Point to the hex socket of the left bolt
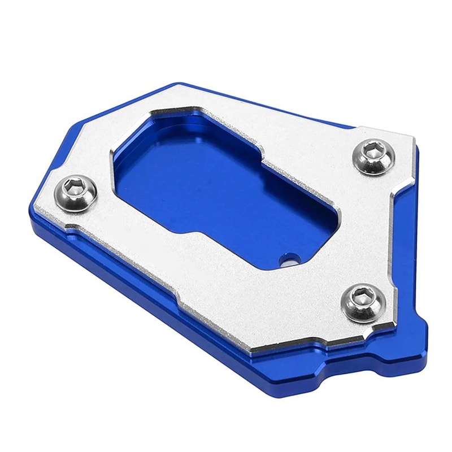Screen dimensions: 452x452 pos(73,186)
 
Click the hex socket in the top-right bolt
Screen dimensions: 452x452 pos(373,150)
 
